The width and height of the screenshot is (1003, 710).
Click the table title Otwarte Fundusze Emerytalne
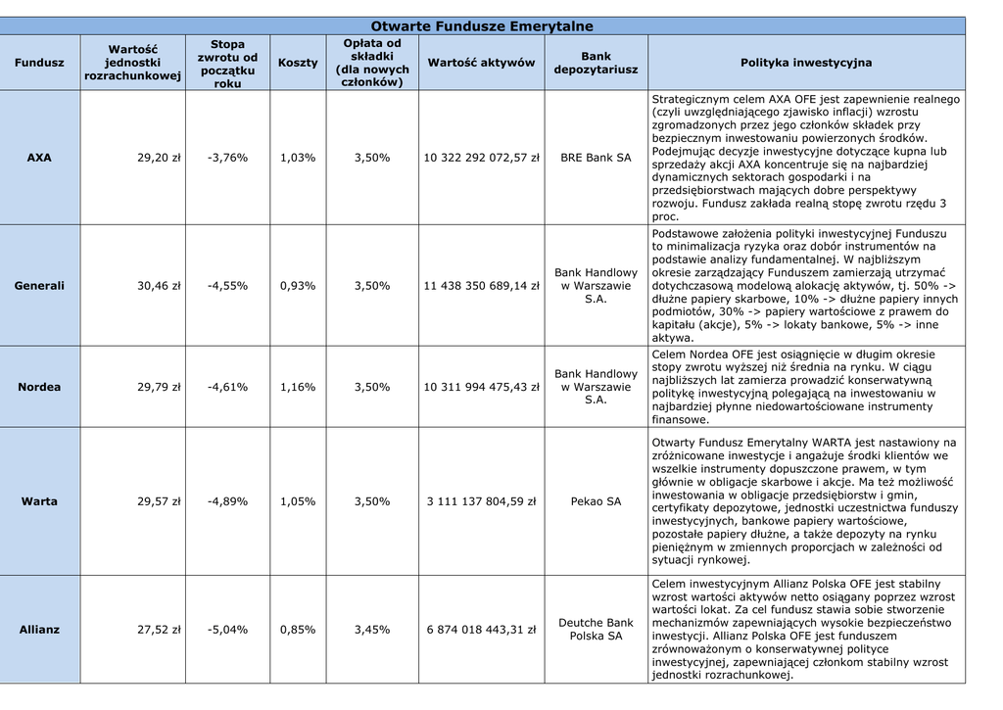[x=482, y=26]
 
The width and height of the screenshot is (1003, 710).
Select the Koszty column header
[x=298, y=63]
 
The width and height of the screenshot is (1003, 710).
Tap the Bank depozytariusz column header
[x=596, y=63]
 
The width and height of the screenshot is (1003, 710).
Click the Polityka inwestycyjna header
[x=806, y=63]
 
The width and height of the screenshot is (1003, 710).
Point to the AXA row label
[x=39, y=158]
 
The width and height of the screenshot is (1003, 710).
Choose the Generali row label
[x=39, y=286]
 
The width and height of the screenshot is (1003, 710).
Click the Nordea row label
[x=39, y=387]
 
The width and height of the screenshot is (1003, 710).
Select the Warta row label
[x=39, y=501]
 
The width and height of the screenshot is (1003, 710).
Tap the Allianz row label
[x=39, y=630]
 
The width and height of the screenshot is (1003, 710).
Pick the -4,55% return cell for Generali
[x=227, y=286]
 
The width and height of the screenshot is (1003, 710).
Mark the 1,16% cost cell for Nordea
[x=298, y=387]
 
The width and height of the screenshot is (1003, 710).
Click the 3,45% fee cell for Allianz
[x=372, y=630]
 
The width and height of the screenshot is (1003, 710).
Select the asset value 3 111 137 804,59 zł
[x=481, y=501]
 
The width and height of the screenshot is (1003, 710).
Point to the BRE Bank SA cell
[x=596, y=158]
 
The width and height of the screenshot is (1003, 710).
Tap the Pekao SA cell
[x=596, y=501]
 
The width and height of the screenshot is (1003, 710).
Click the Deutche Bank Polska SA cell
[x=596, y=630]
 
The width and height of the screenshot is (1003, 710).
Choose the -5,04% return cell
[x=227, y=630]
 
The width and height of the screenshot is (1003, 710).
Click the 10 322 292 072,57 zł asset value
[x=481, y=158]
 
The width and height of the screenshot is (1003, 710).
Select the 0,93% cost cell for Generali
[x=298, y=286]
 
